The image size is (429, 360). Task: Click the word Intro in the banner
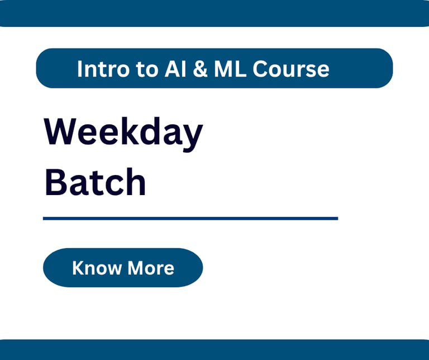(103, 69)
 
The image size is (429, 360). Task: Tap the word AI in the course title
(175, 69)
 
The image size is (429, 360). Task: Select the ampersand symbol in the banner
(201, 69)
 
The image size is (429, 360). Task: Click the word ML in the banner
(230, 69)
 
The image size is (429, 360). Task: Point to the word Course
(291, 69)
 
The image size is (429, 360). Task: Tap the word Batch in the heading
(95, 182)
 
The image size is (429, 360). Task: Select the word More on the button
(151, 268)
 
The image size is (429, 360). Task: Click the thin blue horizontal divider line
(190, 219)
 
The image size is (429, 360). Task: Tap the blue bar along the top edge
(214, 13)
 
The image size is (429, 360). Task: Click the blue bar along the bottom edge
(214, 349)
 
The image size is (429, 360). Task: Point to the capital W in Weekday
(60, 131)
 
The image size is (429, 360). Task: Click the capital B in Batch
(56, 182)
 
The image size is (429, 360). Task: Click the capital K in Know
(78, 267)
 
